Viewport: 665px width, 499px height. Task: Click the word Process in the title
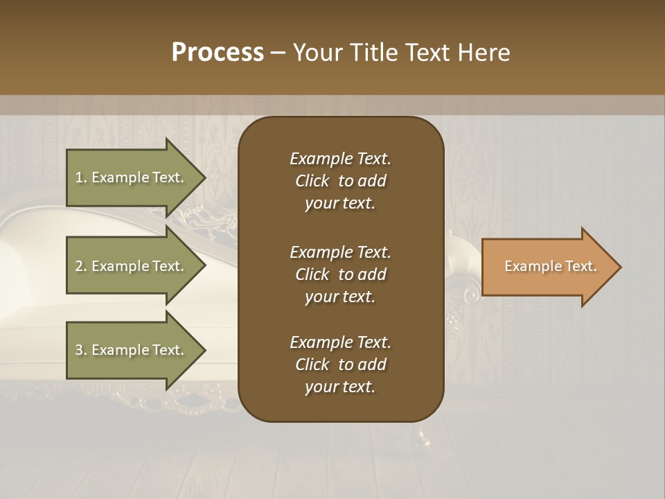tap(218, 53)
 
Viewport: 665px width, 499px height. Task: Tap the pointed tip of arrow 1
tap(204, 177)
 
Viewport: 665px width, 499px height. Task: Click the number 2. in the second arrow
tap(81, 266)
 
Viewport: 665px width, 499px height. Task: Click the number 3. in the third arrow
tap(81, 350)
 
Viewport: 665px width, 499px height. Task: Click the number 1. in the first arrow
tap(81, 177)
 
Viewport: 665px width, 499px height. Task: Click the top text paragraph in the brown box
tap(340, 181)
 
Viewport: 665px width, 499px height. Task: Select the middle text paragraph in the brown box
tap(340, 274)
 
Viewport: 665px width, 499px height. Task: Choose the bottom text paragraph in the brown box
tap(340, 365)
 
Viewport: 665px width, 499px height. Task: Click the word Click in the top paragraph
tap(312, 181)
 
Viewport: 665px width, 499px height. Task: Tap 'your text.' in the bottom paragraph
tap(340, 387)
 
